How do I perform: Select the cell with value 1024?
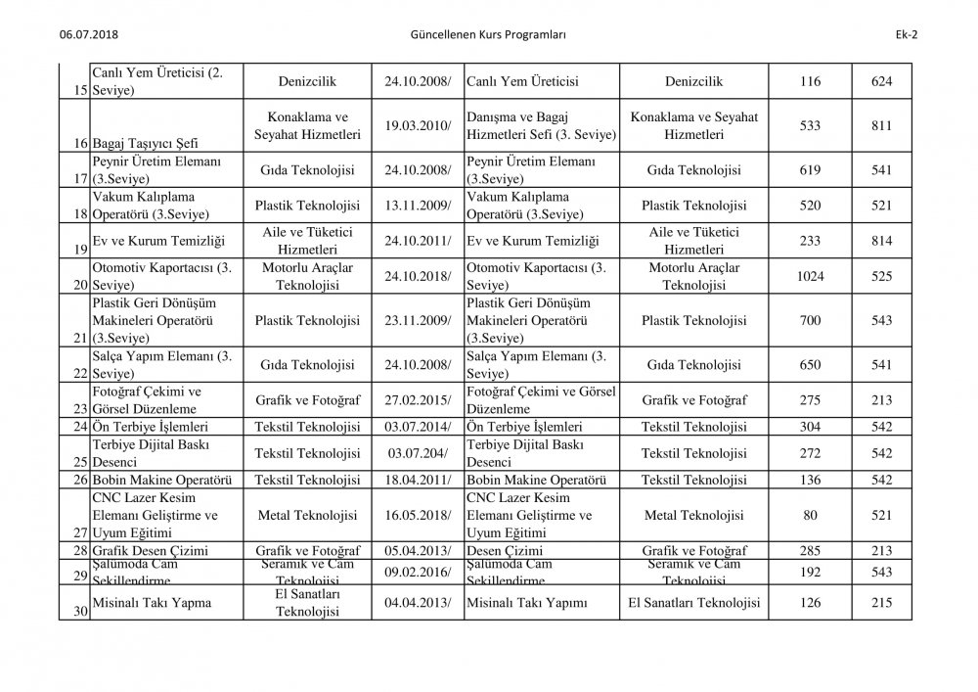pos(810,277)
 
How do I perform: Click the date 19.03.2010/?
pos(420,125)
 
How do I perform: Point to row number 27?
pos(79,532)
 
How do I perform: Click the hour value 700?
pos(810,320)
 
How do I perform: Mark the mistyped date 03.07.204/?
pos(420,453)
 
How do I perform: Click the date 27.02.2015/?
pos(420,400)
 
